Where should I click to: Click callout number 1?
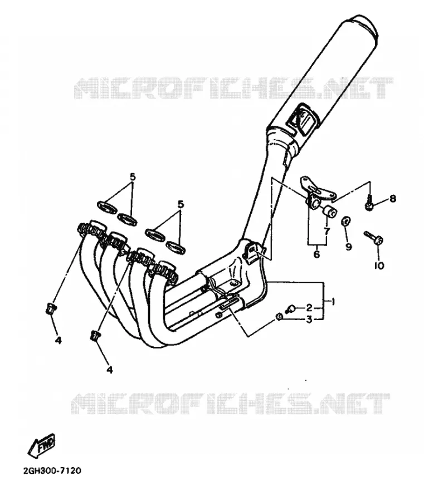333,301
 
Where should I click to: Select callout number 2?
309,308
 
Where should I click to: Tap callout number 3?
309,319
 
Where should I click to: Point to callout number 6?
316,254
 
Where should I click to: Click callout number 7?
326,232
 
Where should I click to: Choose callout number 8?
392,199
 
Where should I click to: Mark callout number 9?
348,247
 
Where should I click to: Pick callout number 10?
379,265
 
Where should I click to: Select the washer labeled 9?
345,221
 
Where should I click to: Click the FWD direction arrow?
41,445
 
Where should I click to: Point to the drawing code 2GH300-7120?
52,470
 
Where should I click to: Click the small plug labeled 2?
290,308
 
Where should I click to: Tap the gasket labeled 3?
279,317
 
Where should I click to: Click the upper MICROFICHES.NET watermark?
233,87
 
